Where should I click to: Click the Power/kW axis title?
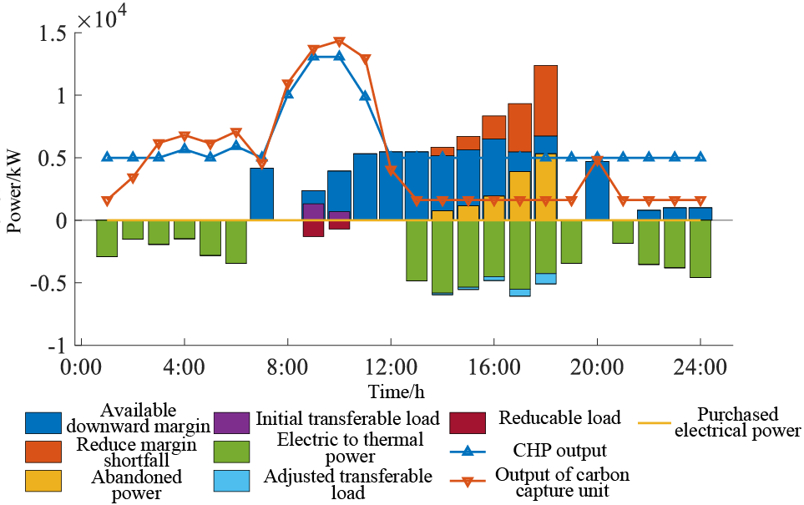[15, 189]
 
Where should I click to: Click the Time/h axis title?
[390, 391]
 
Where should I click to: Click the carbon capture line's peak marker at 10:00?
[339, 42]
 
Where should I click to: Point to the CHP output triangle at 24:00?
[700, 157]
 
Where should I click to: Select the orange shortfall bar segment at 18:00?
[545, 100]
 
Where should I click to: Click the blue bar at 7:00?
[261, 194]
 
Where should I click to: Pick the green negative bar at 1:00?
[107, 238]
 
